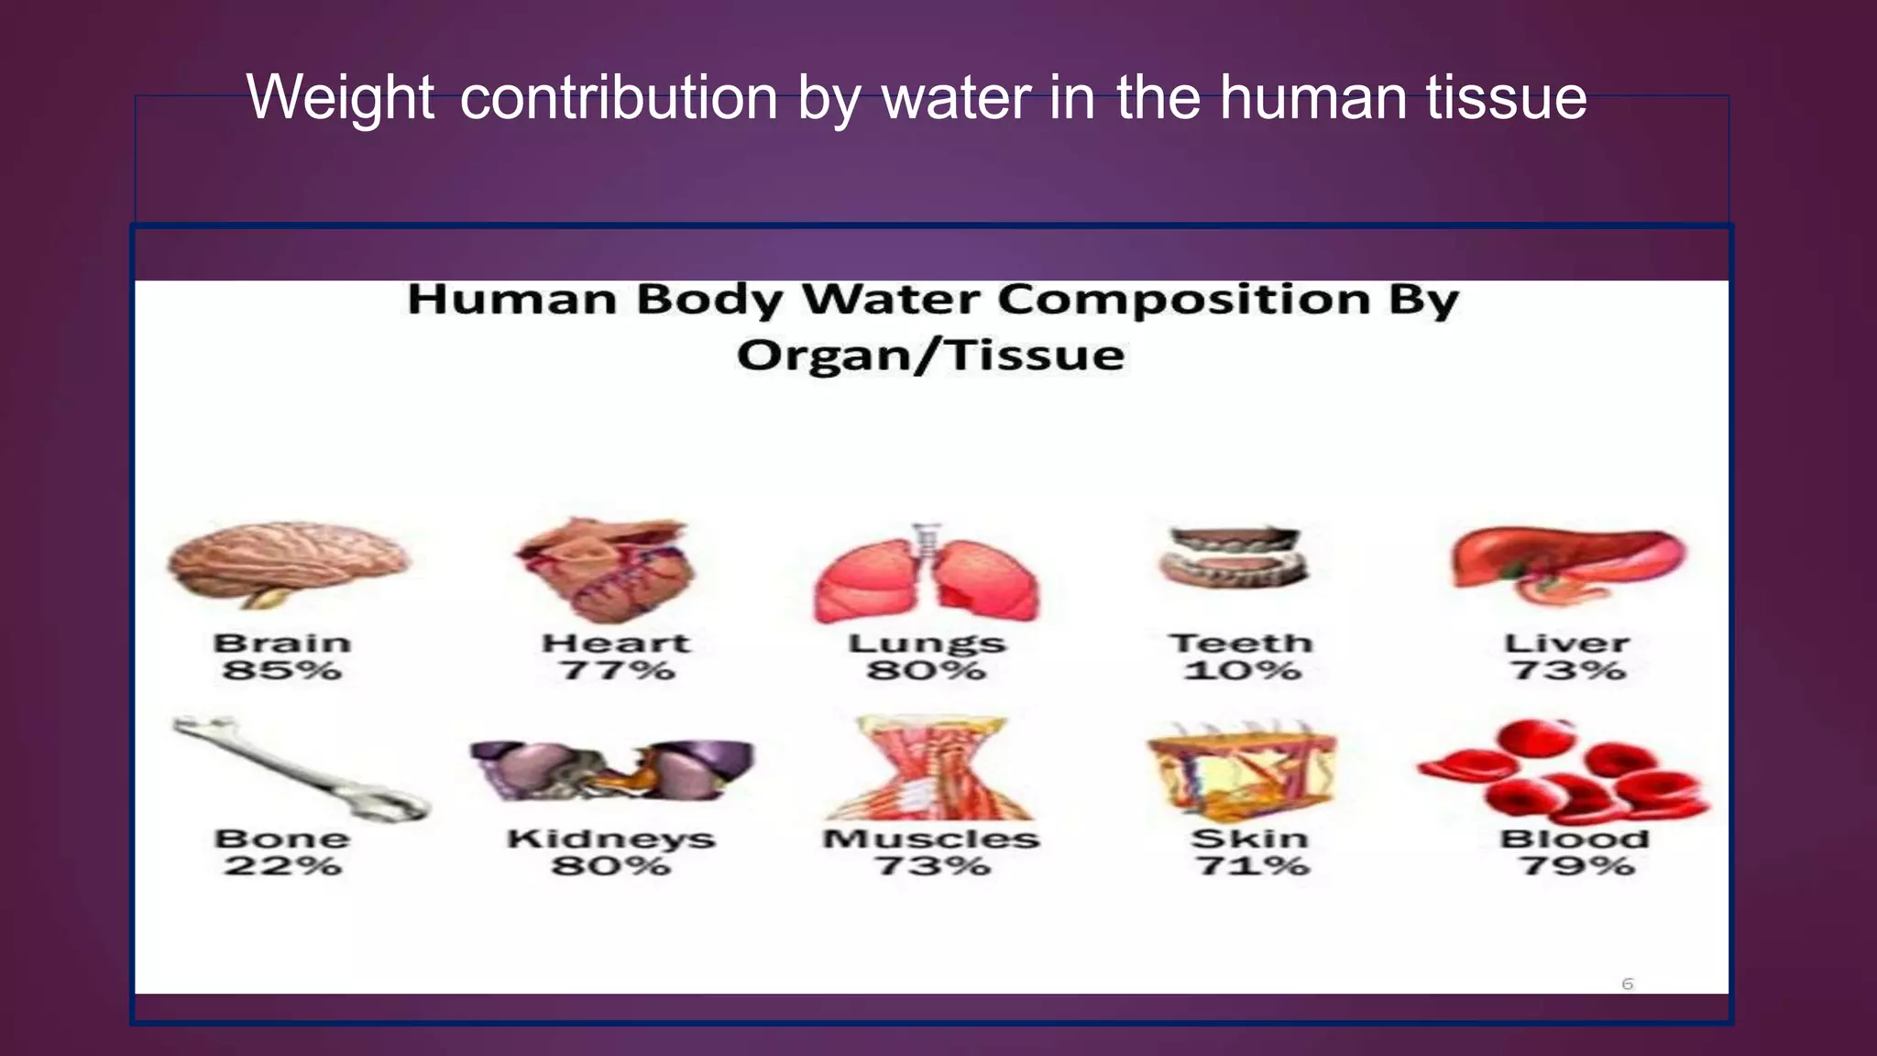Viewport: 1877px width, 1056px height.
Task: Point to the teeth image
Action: (1233, 557)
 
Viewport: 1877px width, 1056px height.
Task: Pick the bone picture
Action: (300, 768)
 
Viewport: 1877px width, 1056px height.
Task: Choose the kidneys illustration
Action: (611, 768)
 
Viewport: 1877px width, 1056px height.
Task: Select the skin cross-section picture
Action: (1242, 768)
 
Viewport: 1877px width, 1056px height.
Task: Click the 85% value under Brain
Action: (282, 671)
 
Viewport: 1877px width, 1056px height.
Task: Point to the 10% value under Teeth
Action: (1242, 671)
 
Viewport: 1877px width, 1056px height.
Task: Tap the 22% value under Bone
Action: (282, 866)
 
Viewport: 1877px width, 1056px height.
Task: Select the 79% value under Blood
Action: (1576, 866)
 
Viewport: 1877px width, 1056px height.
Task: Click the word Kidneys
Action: (611, 839)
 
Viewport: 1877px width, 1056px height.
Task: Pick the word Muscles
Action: (930, 839)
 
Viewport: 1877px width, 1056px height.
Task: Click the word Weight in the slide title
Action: (340, 97)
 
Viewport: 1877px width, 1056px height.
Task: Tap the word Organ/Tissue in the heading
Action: (930, 356)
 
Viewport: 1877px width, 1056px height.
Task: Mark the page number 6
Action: (1628, 984)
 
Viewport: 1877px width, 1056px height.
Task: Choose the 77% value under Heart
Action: (617, 671)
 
